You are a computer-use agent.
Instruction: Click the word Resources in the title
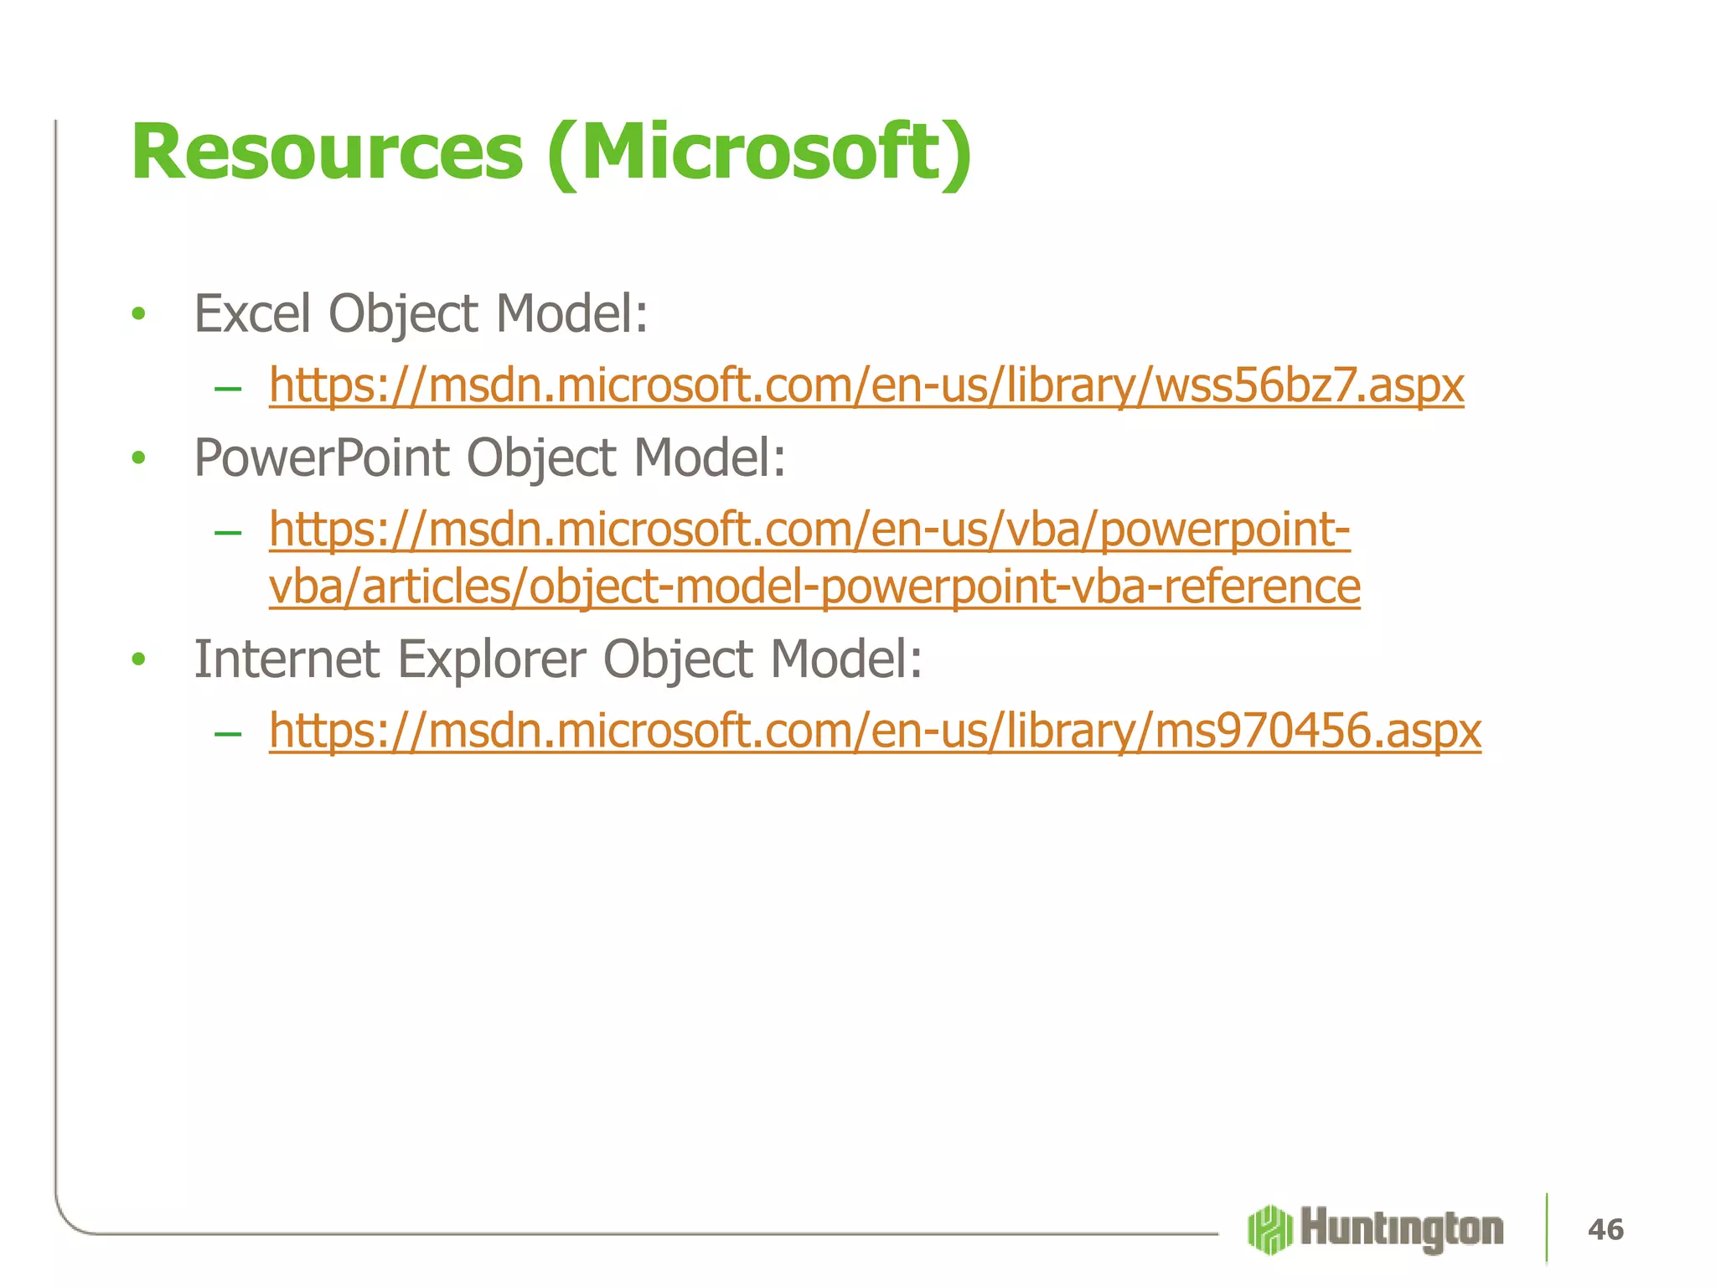tap(327, 152)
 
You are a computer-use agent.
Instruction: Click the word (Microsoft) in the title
tap(759, 152)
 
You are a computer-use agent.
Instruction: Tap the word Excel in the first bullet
tap(252, 313)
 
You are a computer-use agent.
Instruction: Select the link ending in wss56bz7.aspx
tap(866, 385)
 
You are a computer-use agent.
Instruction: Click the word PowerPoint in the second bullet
tap(322, 457)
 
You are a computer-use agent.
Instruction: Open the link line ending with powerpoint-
tap(809, 530)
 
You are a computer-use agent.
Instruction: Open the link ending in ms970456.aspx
tap(874, 731)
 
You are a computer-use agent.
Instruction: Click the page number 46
tap(1605, 1229)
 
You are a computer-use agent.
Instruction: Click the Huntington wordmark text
tap(1402, 1229)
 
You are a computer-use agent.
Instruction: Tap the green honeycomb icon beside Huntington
tap(1269, 1229)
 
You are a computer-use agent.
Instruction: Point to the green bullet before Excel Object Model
tap(139, 315)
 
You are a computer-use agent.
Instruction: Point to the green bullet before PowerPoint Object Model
tap(139, 459)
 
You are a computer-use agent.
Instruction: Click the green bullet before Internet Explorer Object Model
tap(139, 659)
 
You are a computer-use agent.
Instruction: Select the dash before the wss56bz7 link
tap(227, 389)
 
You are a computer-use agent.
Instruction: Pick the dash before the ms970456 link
tap(227, 734)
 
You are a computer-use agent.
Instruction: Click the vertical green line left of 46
tap(1546, 1228)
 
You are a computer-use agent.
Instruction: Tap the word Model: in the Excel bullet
tap(571, 313)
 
